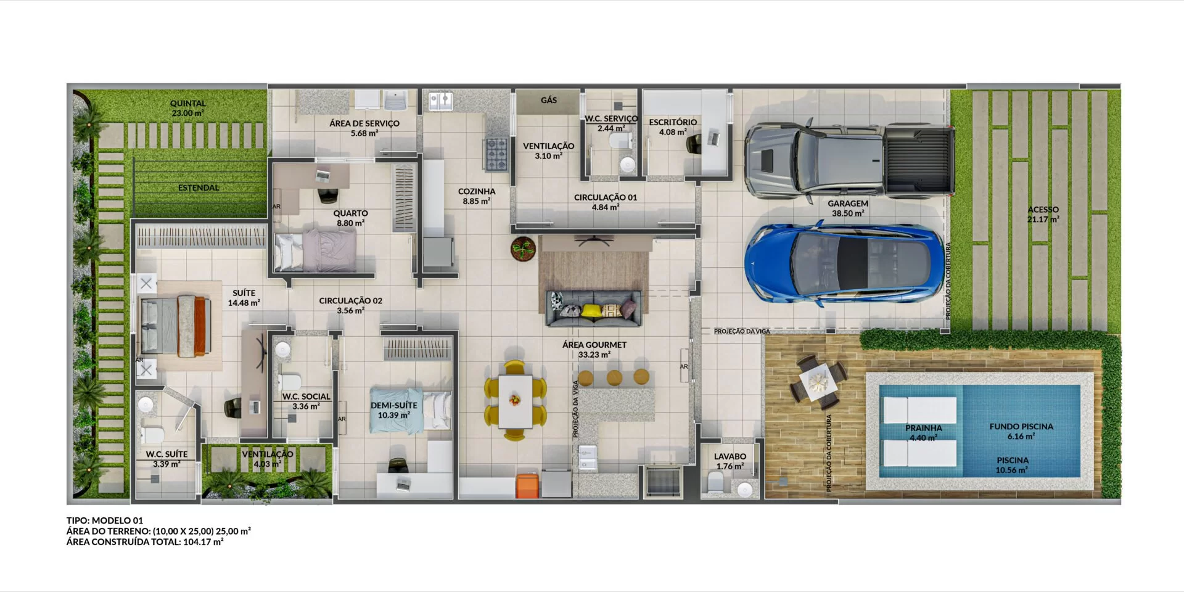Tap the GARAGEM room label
[848, 203]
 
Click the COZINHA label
[477, 192]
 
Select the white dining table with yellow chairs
[515, 401]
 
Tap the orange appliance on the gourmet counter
[527, 485]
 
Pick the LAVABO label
[730, 456]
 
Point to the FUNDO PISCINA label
[1021, 426]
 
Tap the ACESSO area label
[1043, 210]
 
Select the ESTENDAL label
[199, 187]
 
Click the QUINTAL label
[188, 104]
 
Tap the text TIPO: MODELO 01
[105, 520]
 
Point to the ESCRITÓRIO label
[673, 122]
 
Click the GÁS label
[549, 100]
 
